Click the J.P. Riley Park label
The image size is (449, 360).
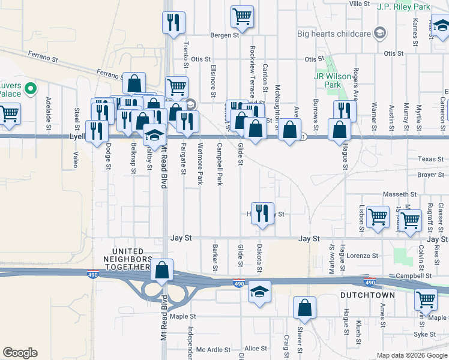(x=403, y=7)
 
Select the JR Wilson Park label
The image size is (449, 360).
(x=328, y=80)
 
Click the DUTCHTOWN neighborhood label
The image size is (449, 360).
(x=367, y=295)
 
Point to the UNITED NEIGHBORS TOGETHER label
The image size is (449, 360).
(x=131, y=259)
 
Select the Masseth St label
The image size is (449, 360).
(x=400, y=194)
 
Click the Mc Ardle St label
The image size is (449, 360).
(x=213, y=349)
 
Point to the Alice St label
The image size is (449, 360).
(x=255, y=348)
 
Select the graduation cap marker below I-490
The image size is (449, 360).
(x=259, y=292)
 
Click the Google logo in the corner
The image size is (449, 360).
(x=20, y=353)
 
